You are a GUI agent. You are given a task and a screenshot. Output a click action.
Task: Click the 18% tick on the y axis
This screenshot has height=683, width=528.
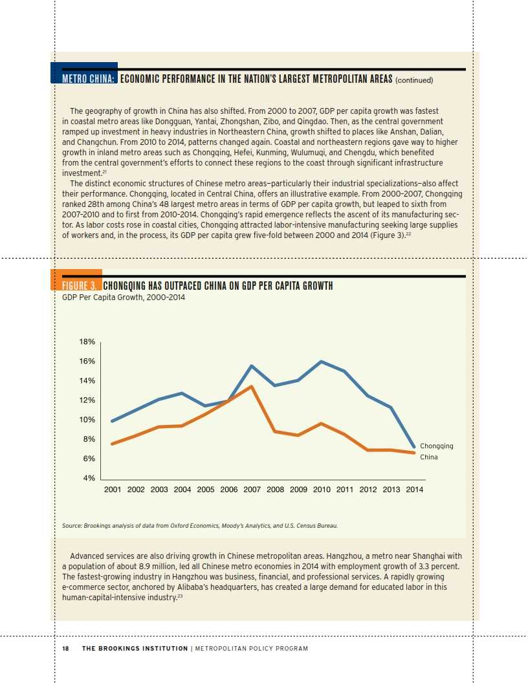pos(87,341)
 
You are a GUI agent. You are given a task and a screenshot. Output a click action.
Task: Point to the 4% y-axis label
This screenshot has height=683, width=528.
pos(89,478)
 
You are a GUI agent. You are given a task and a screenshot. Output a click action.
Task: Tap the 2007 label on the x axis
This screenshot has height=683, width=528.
pos(252,490)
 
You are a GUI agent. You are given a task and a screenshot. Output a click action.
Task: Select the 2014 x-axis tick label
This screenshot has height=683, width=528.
pos(414,490)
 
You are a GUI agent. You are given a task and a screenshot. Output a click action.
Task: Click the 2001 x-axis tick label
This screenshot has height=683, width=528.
pos(113,490)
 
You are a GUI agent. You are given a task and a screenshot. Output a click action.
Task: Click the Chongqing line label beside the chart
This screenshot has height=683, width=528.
pos(437,446)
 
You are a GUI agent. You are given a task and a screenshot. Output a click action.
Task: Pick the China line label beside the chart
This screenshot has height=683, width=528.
pos(429,457)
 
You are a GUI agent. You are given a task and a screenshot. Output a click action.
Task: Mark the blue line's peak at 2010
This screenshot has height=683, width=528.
pos(322,361)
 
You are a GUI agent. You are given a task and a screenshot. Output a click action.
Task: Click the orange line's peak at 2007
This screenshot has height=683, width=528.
pos(252,386)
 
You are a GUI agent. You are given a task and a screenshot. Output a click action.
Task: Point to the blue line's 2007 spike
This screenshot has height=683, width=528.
pos(252,365)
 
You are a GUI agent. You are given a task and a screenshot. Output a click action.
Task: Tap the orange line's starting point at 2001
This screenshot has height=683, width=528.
pos(113,444)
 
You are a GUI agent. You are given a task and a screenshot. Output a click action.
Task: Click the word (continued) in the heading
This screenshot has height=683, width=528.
pos(413,80)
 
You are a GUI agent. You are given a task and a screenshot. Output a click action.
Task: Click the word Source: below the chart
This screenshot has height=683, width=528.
pos(72,526)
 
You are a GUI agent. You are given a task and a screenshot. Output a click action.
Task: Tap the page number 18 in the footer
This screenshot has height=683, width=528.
pos(65,649)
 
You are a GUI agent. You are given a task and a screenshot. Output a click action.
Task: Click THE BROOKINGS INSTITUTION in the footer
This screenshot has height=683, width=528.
pos(135,649)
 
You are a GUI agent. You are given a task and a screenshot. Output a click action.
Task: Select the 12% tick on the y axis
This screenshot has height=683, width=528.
pos(87,400)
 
